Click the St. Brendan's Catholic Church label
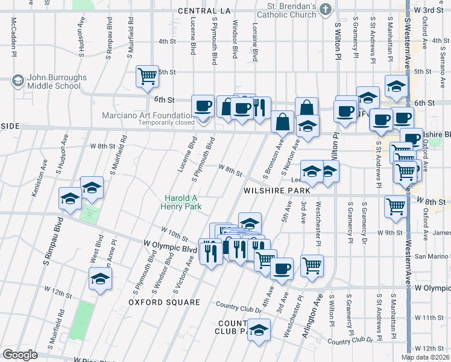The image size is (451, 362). click(x=287, y=11)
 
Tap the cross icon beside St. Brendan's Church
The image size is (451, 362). click(x=326, y=8)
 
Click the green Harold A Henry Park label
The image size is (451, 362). click(x=183, y=202)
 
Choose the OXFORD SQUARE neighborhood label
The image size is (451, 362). click(x=165, y=302)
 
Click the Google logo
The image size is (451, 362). click(x=20, y=355)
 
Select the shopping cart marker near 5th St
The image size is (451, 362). click(x=147, y=76)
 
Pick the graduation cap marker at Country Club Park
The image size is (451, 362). click(x=259, y=330)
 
